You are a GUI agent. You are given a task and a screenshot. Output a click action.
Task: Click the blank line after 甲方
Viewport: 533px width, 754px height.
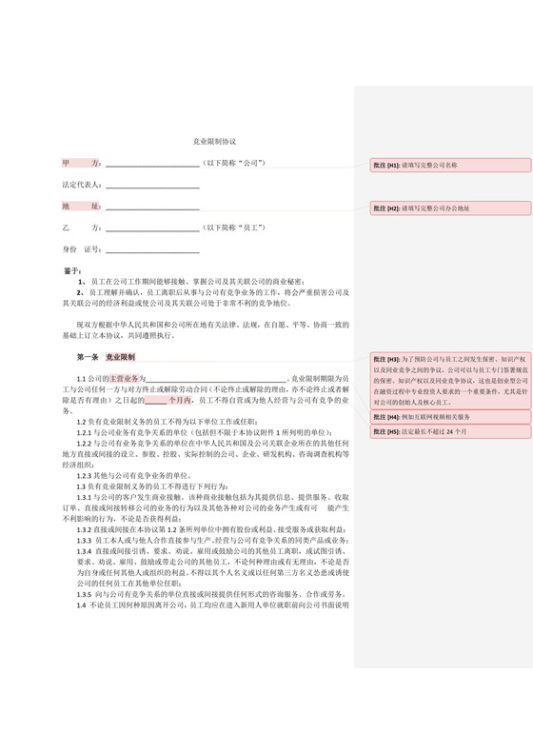pyautogui.click(x=152, y=165)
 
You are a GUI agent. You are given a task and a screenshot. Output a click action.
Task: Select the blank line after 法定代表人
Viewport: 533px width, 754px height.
pyautogui.click(x=152, y=186)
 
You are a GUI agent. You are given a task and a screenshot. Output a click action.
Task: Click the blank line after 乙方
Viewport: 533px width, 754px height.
pyautogui.click(x=152, y=228)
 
